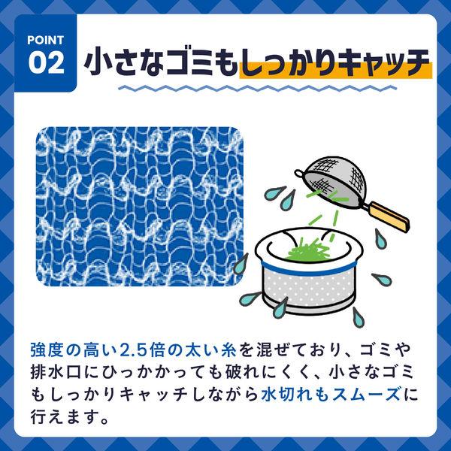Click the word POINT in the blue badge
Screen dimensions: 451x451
point(45,41)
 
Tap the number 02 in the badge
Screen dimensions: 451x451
point(46,63)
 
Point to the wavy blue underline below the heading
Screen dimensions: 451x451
point(258,88)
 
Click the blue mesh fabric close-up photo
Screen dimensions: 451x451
point(140,207)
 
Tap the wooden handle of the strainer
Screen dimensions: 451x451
point(388,216)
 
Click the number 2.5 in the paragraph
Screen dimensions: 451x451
point(133,350)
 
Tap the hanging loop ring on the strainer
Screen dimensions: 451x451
point(299,173)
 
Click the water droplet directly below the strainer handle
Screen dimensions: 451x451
point(380,238)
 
